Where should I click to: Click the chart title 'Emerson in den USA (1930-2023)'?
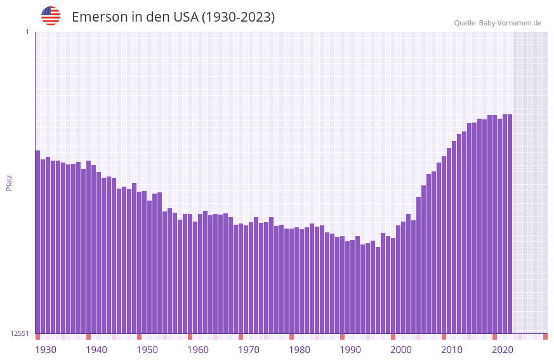[x=173, y=17]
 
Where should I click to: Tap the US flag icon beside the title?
[x=51, y=16]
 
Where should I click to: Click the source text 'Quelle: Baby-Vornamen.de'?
[x=498, y=23]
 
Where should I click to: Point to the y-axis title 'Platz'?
[x=9, y=182]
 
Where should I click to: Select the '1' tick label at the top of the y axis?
[x=27, y=32]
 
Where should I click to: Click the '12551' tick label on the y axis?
[x=20, y=333]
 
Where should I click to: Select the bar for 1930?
[x=37, y=242]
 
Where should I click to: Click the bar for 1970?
[x=241, y=279]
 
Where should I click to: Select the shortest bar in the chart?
[x=378, y=290]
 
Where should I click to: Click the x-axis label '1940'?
[x=96, y=350]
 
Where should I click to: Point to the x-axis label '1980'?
[x=300, y=350]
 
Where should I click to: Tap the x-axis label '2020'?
[x=503, y=350]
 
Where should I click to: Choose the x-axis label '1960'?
[x=198, y=350]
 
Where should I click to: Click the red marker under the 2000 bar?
[x=393, y=337]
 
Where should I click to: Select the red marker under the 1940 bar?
[x=88, y=337]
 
